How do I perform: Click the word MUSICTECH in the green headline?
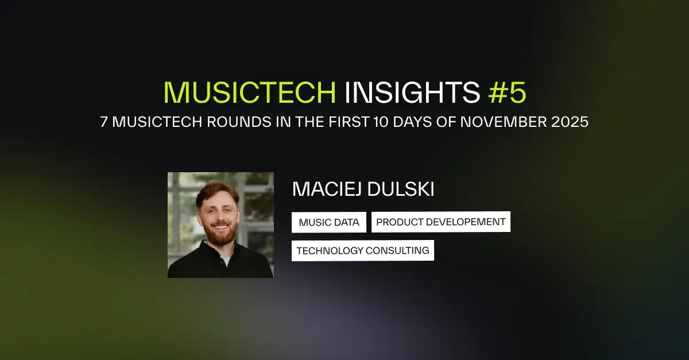(x=249, y=92)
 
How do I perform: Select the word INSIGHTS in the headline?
(x=412, y=92)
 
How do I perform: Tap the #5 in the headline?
(x=506, y=92)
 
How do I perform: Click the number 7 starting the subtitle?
(x=104, y=123)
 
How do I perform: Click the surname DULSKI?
(x=405, y=190)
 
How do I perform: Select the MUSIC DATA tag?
(x=329, y=222)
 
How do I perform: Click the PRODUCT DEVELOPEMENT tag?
(x=441, y=222)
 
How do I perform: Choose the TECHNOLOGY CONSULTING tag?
(x=363, y=250)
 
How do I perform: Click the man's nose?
(x=221, y=216)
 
